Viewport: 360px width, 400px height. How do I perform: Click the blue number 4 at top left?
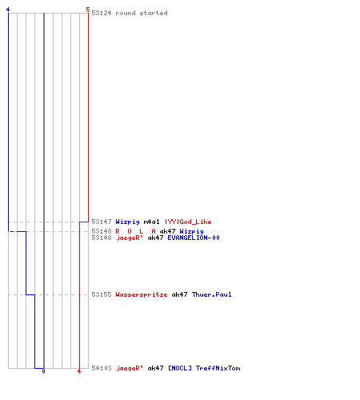coord(8,10)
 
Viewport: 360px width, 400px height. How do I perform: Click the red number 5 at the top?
coord(88,10)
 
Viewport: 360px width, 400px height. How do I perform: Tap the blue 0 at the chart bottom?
coord(43,371)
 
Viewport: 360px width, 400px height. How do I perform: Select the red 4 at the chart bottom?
coord(79,371)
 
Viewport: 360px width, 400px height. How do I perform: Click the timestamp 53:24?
coord(102,13)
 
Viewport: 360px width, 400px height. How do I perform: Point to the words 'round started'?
coord(142,13)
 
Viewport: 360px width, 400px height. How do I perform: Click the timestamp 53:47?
coord(102,222)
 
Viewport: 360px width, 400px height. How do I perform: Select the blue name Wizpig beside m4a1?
coord(127,222)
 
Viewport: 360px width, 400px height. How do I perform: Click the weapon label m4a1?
coord(151,222)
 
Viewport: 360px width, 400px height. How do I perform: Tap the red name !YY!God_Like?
coord(188,222)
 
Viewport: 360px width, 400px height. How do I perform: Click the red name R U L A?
coord(135,231)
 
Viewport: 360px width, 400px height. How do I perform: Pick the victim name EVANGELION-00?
coord(194,238)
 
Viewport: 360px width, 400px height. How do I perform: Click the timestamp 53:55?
coord(102,294)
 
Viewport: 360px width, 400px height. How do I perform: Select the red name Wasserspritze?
coord(142,294)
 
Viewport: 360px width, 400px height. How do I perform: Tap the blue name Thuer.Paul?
coord(212,294)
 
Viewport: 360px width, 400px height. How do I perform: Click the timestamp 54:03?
coord(102,368)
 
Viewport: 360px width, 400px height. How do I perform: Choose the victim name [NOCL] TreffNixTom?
coord(204,368)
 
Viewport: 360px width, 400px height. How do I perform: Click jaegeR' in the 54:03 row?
coord(130,368)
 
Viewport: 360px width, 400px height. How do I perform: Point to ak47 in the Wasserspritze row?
coord(179,294)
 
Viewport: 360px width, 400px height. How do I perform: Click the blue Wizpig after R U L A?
coord(191,231)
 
